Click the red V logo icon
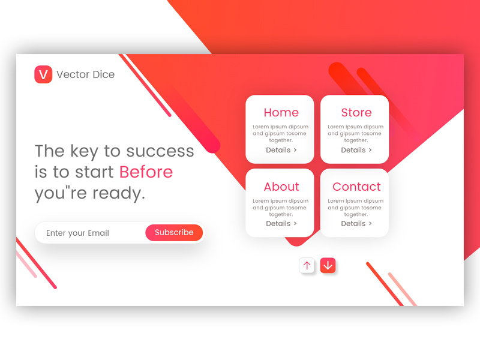[43, 74]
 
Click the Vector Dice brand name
[85, 74]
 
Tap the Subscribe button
[174, 233]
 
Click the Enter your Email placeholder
[77, 233]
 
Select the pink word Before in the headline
[146, 172]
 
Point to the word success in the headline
[160, 151]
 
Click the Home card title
[281, 113]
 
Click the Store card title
[356, 113]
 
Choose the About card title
[281, 187]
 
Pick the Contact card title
[356, 187]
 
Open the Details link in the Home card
[281, 150]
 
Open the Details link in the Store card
[356, 150]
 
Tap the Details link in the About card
[281, 223]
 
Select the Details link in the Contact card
[356, 223]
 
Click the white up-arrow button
[307, 265]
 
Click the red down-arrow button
[328, 265]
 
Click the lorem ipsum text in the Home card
[280, 133]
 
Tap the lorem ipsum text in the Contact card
[355, 208]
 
